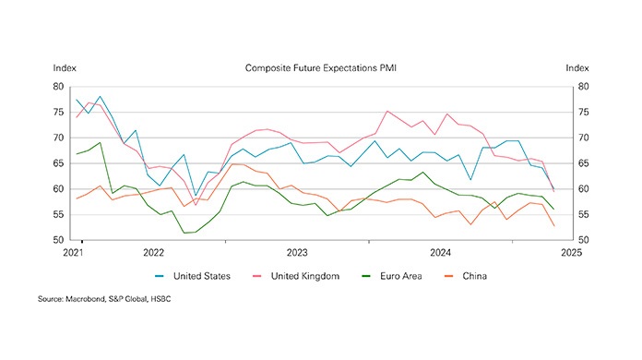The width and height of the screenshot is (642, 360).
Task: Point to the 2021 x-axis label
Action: point(74,251)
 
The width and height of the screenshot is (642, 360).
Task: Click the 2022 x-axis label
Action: point(153,251)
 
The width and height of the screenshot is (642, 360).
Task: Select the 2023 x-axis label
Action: point(297,251)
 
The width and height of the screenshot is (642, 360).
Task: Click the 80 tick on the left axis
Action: point(59,87)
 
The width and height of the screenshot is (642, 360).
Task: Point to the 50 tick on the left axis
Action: point(59,240)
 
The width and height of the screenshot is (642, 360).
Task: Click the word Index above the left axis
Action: point(65,68)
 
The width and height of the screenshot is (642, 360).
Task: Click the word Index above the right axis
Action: point(577,68)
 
